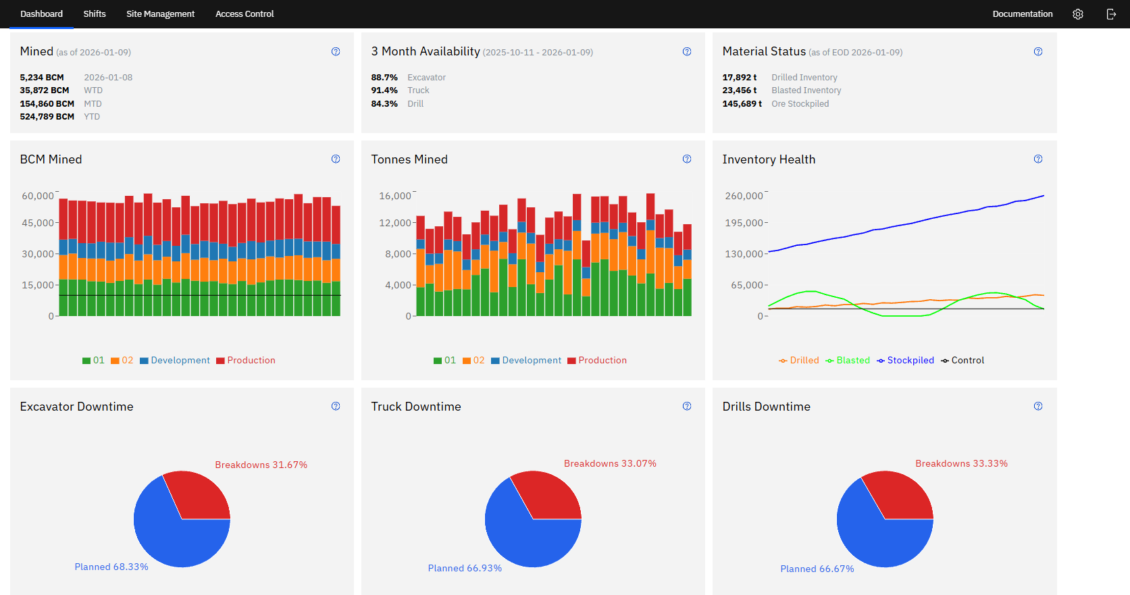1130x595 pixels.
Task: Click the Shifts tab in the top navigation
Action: click(95, 14)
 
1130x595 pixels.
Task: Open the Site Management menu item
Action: click(160, 14)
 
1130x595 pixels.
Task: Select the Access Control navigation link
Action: click(245, 14)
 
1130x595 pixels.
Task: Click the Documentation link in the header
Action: click(1022, 14)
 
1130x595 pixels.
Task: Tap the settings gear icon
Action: click(1078, 14)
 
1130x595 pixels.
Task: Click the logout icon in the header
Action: click(1111, 14)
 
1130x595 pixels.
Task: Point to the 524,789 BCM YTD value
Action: click(47, 117)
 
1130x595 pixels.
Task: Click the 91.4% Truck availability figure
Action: click(384, 90)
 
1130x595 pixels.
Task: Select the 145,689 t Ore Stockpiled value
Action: click(742, 104)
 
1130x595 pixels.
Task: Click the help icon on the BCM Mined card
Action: click(336, 159)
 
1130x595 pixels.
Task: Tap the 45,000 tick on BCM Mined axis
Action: click(38, 223)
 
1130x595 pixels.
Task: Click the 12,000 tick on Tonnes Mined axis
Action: click(395, 223)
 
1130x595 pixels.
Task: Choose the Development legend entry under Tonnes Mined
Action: click(531, 361)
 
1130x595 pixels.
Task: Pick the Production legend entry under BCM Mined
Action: click(251, 361)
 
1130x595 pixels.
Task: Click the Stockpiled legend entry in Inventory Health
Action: click(910, 361)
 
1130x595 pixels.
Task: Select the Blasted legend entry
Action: click(852, 361)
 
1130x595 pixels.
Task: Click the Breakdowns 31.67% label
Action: click(261, 465)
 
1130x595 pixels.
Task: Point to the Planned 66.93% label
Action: click(465, 568)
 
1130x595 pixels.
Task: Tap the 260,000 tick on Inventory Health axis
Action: click(744, 196)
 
